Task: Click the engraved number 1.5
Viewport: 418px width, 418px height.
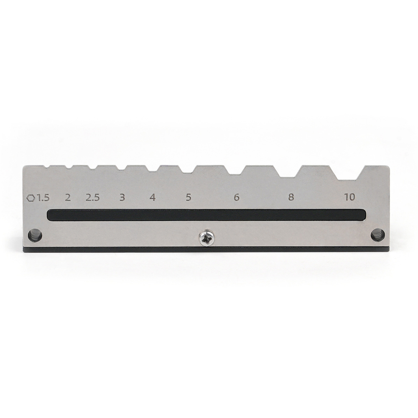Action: [x=43, y=198]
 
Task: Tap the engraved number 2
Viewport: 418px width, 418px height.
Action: [x=68, y=198]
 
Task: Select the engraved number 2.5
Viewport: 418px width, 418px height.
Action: [x=93, y=198]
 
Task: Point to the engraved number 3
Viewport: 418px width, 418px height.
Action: [x=122, y=197]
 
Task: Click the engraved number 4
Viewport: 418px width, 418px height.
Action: [x=153, y=197]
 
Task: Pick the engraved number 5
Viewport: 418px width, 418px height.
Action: [x=189, y=197]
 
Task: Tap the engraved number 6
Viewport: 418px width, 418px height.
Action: [x=237, y=197]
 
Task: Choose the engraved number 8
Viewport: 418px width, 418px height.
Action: [x=291, y=197]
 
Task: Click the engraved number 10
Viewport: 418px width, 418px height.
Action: [x=350, y=197]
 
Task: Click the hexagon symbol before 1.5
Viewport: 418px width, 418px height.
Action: [x=31, y=198]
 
